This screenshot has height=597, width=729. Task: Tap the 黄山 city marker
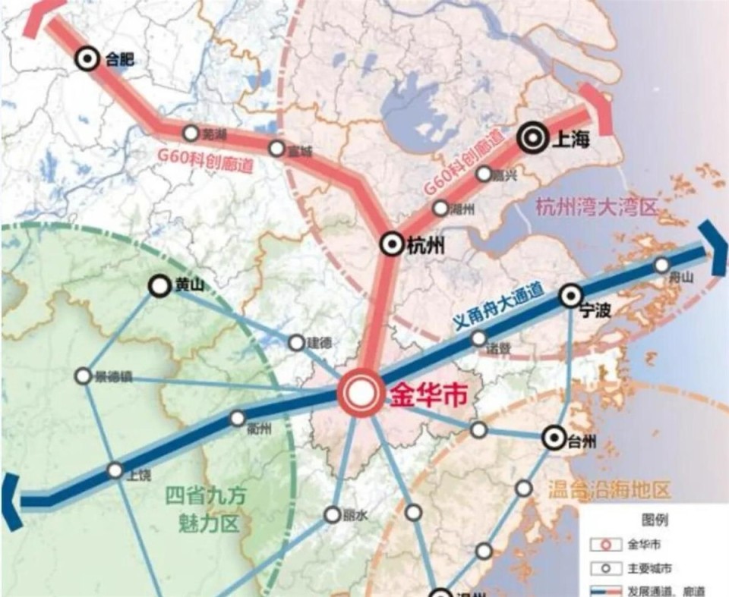click(x=159, y=286)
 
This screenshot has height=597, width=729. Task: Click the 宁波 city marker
click(x=570, y=296)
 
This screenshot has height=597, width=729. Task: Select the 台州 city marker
click(x=553, y=438)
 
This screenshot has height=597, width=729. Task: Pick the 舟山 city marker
click(x=662, y=265)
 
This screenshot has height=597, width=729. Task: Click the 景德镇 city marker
click(x=83, y=375)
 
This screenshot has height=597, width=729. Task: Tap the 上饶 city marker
click(x=115, y=470)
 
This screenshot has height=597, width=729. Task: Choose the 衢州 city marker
click(x=238, y=418)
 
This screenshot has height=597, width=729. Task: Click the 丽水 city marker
click(x=332, y=514)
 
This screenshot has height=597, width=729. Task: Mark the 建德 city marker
click(x=296, y=343)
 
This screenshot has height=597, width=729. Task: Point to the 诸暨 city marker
click(x=478, y=338)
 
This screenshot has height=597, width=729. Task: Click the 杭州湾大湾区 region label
click(x=595, y=206)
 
